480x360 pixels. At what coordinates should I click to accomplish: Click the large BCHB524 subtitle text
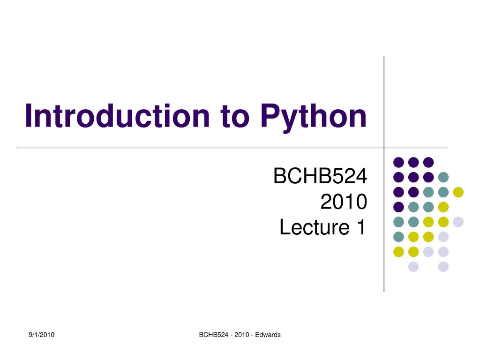click(x=320, y=177)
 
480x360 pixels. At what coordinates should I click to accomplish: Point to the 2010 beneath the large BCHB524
click(x=343, y=202)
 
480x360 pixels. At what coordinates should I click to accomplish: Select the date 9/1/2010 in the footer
click(x=42, y=335)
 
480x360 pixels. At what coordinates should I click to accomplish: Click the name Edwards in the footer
click(x=268, y=335)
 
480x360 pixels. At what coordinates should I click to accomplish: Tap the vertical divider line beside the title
click(x=384, y=94)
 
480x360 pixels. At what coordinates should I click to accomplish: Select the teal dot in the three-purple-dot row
click(x=443, y=177)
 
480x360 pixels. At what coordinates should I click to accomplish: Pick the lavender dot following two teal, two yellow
click(x=458, y=222)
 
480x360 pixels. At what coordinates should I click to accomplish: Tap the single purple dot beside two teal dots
click(x=398, y=207)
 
